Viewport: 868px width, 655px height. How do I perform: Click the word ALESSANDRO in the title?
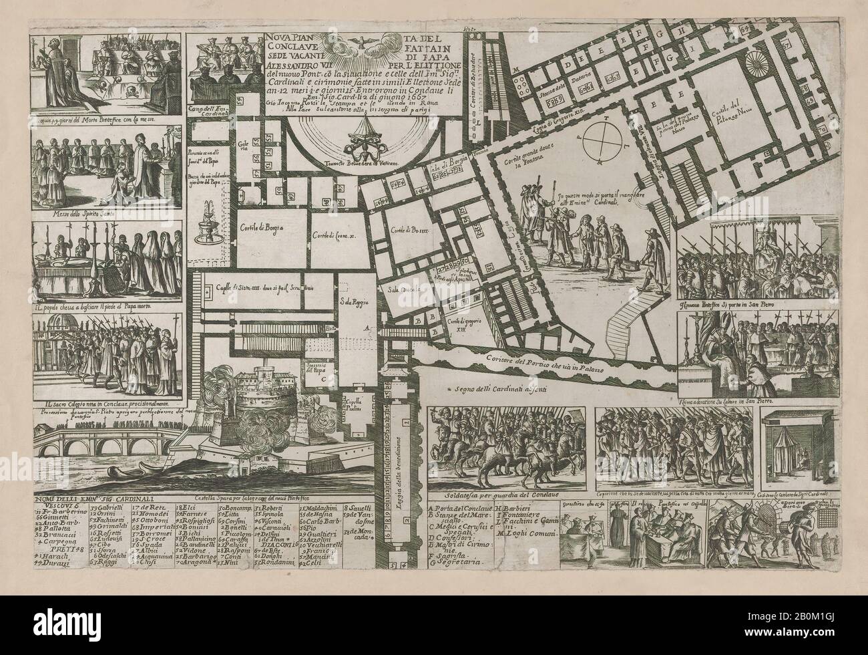coord(292,67)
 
